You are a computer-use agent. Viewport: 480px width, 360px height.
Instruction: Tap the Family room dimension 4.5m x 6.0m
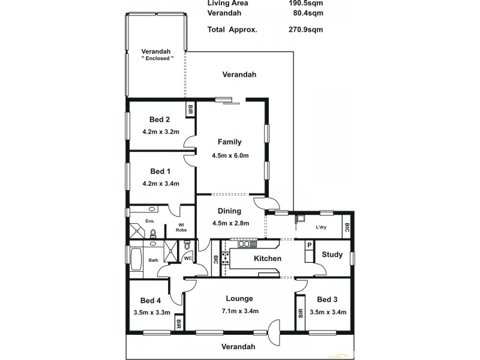click(230, 155)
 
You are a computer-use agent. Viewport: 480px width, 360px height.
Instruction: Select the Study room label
click(332, 254)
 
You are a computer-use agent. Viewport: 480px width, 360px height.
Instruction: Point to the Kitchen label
click(268, 259)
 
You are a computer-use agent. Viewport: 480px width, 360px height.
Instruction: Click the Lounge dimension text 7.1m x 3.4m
click(239, 311)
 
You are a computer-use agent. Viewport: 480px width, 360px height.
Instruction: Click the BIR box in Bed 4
click(179, 324)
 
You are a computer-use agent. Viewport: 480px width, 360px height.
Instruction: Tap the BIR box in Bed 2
click(190, 110)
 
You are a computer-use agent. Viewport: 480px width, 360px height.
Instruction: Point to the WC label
click(187, 259)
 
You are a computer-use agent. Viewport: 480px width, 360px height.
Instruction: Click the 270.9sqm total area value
click(303, 29)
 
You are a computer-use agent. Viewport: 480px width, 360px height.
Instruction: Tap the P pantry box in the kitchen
click(309, 245)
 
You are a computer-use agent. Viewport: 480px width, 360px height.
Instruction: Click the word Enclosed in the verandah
click(158, 59)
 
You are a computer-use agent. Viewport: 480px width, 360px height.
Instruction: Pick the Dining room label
click(230, 211)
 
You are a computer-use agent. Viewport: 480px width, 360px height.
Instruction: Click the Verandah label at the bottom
click(238, 346)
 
